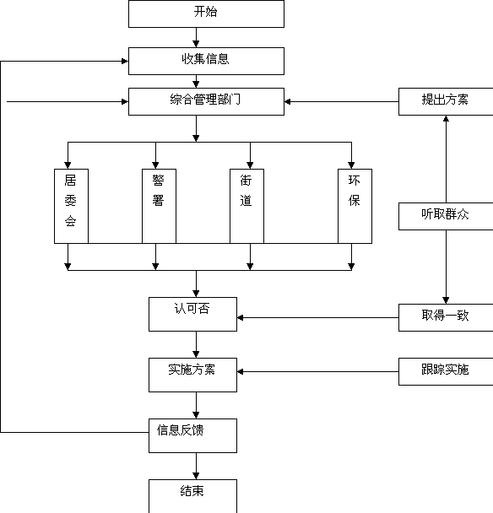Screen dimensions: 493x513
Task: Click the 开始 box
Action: (x=206, y=13)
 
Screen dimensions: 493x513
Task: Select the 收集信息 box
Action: (x=206, y=62)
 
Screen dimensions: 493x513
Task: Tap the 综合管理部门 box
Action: (x=206, y=101)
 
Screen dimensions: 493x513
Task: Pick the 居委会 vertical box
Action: (x=71, y=206)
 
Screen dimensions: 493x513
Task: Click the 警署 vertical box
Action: (x=159, y=206)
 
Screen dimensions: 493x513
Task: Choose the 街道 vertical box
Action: (x=246, y=206)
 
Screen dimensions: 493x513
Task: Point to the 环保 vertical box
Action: (x=355, y=206)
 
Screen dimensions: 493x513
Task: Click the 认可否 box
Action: (x=192, y=314)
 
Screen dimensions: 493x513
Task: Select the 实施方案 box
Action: (x=192, y=375)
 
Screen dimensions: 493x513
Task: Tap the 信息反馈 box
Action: (x=192, y=435)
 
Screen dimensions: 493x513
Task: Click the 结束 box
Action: (x=192, y=496)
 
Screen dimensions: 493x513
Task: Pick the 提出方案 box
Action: (x=446, y=101)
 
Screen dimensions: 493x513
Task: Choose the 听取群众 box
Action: (x=446, y=216)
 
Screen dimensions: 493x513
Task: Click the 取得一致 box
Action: (x=446, y=317)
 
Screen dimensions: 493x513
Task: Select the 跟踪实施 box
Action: (x=446, y=371)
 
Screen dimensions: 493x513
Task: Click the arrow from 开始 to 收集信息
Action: (x=196, y=38)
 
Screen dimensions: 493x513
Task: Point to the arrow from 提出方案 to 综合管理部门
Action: (x=341, y=102)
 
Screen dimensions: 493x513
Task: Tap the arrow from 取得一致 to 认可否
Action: (x=318, y=318)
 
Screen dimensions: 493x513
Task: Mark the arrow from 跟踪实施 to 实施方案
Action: (x=318, y=371)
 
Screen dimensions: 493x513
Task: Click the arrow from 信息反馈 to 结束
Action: (x=196, y=467)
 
